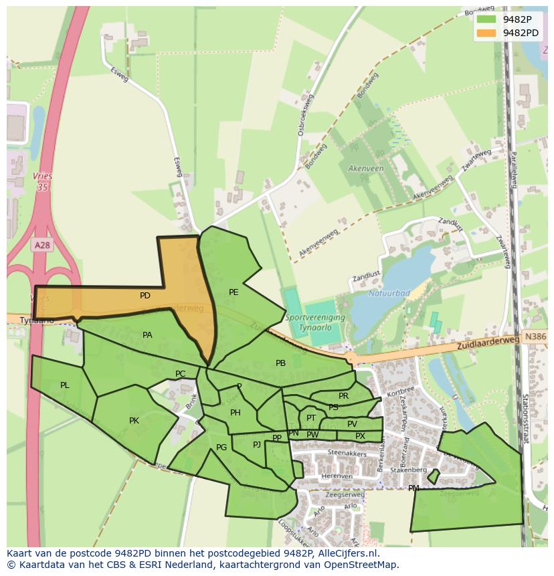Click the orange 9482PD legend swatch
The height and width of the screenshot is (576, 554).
486,32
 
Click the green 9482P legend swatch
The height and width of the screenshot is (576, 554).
486,19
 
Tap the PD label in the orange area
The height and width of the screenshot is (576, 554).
145,296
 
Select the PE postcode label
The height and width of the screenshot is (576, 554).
234,292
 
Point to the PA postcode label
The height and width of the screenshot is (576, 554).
147,335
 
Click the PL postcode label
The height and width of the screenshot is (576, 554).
65,385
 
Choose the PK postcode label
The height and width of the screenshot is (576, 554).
134,421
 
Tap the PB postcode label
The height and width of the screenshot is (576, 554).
280,363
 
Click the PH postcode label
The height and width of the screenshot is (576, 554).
235,413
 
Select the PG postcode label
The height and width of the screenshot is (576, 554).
221,448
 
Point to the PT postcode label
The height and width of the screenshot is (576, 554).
311,418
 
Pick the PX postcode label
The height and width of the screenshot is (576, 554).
360,436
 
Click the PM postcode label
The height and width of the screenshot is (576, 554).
413,488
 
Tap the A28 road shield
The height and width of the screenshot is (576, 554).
42,246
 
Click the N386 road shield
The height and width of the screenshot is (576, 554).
535,338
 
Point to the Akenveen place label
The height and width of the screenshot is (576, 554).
365,169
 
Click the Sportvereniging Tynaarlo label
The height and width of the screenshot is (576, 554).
314,321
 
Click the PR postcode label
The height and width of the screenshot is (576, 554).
343,396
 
